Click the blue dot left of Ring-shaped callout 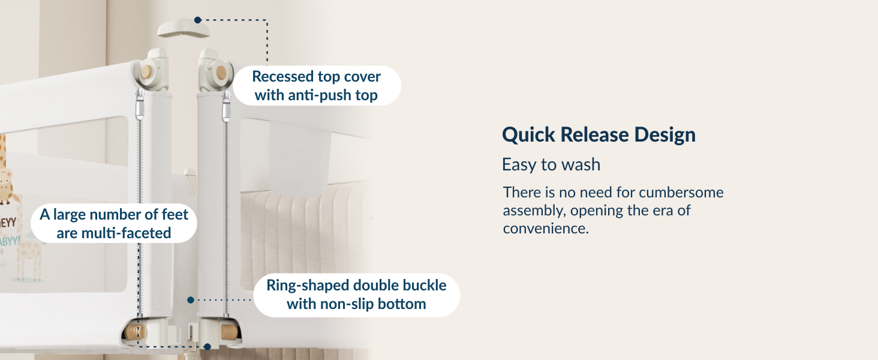[190, 299]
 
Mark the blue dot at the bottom [207, 346]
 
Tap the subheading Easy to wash [551, 164]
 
